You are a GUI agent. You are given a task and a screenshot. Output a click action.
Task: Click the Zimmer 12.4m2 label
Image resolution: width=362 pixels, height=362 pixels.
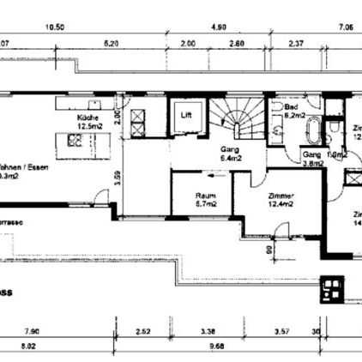(280, 200)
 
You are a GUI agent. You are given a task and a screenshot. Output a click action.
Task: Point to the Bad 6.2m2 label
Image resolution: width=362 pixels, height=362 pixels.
(296, 111)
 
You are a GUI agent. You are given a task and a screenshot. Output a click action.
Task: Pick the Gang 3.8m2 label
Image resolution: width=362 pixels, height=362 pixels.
(312, 159)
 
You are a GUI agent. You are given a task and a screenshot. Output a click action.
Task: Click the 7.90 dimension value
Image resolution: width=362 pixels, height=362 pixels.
(33, 330)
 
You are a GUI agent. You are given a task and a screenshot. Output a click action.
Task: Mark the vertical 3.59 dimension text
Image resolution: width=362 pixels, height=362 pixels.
(118, 180)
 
